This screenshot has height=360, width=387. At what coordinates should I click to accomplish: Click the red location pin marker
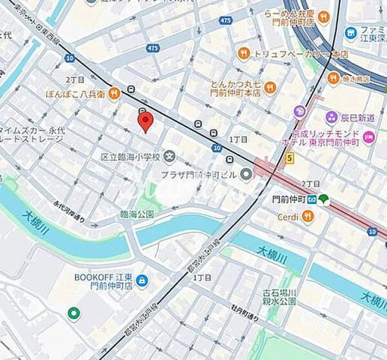pos(145,119)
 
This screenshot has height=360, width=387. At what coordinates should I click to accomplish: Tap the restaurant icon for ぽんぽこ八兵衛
pos(114,93)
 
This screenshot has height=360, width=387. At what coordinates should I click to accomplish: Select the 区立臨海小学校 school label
pos(130,157)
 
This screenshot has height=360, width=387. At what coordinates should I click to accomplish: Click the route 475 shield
pos(154,49)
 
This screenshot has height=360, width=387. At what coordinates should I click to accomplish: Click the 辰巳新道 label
pos(360,117)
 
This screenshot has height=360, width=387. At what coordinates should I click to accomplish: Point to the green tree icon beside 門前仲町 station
pos(323,199)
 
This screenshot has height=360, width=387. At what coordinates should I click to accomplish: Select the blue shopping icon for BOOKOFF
pos(142,281)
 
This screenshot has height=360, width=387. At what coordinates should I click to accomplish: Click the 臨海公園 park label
pos(136,214)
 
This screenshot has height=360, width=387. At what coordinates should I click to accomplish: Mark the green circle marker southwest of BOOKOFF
pos(73,313)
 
